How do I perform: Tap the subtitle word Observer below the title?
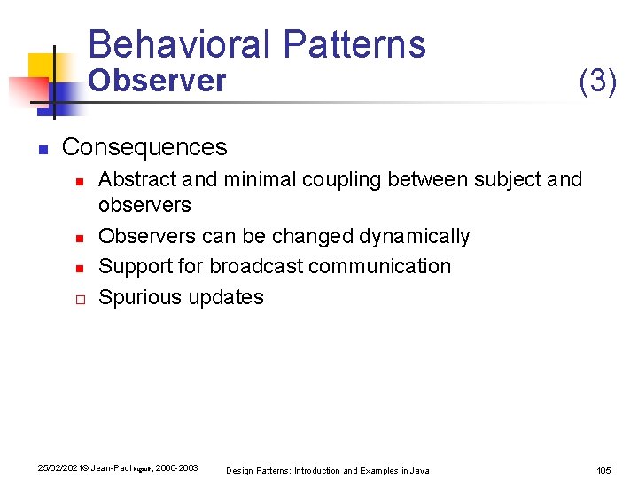pos(158,81)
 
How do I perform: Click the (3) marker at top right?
pos(597,81)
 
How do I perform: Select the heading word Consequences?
pos(144,146)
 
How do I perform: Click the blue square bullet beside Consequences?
pos(42,148)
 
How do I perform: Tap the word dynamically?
pos(415,236)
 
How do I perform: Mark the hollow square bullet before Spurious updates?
pos(80,298)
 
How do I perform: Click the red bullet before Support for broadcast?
pos(80,268)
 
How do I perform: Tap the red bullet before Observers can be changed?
pos(80,238)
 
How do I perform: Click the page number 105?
pos(604,469)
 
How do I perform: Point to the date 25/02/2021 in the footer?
pos(54,467)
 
